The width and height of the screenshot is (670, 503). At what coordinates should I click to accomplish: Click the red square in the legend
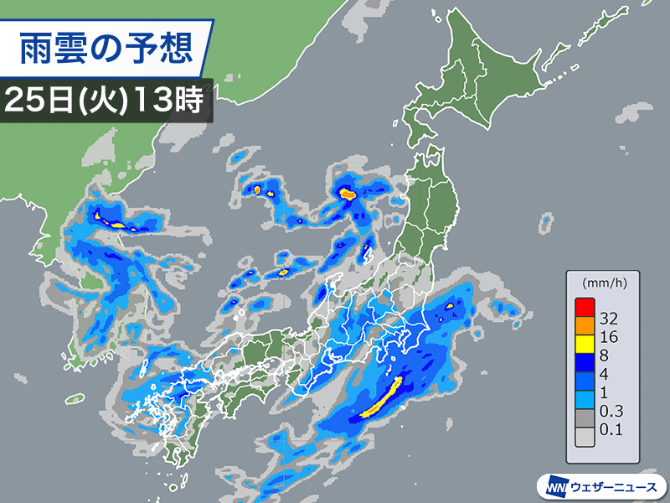585,308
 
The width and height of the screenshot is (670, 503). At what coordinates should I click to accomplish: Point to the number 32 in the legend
610,319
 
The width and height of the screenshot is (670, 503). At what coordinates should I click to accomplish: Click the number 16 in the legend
610,338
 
